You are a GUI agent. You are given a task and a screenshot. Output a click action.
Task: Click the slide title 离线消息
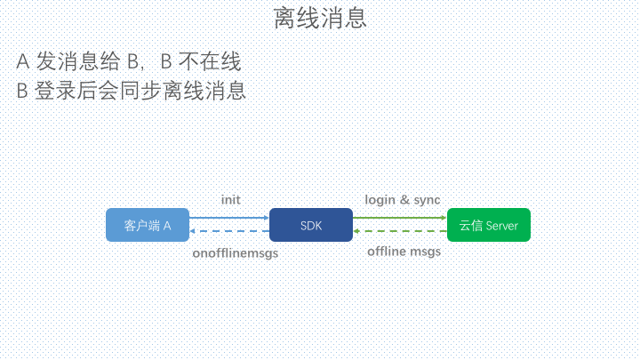pos(320,19)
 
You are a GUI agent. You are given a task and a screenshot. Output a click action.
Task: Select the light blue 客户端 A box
pos(148,225)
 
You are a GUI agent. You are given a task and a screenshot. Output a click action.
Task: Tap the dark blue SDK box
pos(311,225)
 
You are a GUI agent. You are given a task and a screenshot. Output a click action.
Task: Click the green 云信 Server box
pos(489,225)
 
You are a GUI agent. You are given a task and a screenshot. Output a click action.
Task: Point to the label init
pos(230,200)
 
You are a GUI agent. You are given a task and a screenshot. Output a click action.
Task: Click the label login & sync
pos(403,200)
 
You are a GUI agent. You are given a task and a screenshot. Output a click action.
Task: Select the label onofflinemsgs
pos(235,253)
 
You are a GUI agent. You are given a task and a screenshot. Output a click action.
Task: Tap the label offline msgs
pos(404,252)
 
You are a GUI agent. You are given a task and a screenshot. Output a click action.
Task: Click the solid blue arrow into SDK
pos(229,218)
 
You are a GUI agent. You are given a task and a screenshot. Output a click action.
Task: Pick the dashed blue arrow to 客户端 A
pos(229,231)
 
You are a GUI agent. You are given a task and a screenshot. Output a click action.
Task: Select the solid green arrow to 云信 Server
pos(400,218)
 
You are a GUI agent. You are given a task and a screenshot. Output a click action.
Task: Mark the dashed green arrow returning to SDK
pos(400,231)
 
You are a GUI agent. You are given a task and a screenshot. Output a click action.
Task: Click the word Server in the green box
pos(501,226)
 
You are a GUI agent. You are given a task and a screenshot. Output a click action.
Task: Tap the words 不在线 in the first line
pos(210,61)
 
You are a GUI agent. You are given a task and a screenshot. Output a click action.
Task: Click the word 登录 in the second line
pos(55,90)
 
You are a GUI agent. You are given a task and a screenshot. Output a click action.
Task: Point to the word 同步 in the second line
pos(140,90)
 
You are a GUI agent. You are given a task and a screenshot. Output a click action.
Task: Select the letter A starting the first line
pos(23,62)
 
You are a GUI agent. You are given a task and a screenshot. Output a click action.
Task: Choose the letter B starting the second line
pos(22,91)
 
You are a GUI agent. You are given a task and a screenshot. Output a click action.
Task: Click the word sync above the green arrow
pos(427,200)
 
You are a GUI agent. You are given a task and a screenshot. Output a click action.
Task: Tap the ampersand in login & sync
pos(404,200)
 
